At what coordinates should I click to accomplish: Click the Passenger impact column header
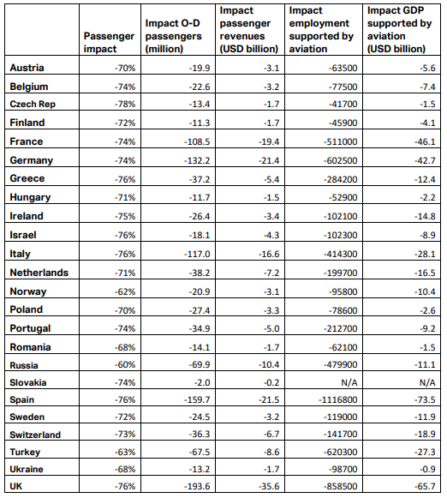109,43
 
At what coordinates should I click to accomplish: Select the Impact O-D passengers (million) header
173,36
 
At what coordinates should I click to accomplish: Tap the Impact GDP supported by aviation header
399,29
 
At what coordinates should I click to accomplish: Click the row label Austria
27,68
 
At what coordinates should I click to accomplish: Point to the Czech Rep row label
33,105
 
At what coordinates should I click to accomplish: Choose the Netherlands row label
39,273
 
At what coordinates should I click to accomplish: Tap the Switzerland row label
35,435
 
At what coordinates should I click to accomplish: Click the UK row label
16,486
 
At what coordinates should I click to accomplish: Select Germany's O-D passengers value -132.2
197,160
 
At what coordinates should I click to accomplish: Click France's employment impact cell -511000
341,141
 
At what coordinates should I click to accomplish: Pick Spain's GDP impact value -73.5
425,400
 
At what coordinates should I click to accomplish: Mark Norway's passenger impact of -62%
125,291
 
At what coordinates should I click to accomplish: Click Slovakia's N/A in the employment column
349,382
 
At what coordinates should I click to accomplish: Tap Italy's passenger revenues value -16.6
269,254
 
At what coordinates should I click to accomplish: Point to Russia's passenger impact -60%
125,364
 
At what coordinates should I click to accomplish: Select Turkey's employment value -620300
341,452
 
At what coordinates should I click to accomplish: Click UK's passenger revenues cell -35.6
269,486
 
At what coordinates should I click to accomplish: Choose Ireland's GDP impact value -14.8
425,216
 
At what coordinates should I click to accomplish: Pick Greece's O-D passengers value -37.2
200,179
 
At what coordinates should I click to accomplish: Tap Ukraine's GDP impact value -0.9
427,469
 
